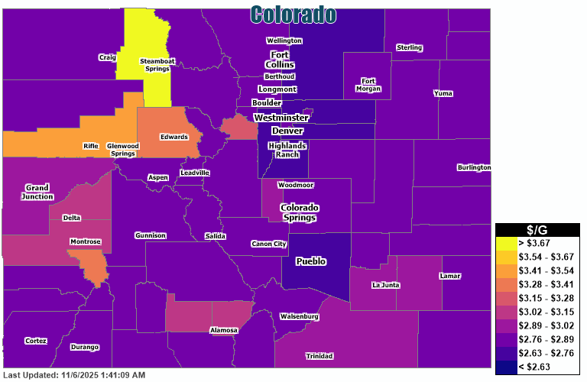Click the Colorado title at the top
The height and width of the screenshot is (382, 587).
tap(293, 14)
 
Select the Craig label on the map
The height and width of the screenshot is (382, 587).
tap(107, 57)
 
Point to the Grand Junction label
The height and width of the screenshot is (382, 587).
tap(37, 192)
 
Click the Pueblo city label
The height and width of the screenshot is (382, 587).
tap(310, 261)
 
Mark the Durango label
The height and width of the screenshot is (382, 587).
tap(84, 347)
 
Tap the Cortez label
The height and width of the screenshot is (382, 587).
tap(35, 341)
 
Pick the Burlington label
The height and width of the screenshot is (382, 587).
tap(474, 167)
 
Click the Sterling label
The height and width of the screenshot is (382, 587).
tap(409, 48)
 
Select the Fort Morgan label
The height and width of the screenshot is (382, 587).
tap(368, 85)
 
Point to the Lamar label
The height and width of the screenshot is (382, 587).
tap(450, 276)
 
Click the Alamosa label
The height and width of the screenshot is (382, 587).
tap(224, 330)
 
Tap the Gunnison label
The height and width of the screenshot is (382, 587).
tap(150, 235)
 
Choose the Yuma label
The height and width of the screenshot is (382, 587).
tap(443, 93)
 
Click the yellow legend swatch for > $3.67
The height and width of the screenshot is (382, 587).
tap(505, 242)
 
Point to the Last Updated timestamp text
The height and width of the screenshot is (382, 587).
tap(74, 375)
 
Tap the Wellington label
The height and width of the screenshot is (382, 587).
tap(284, 40)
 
